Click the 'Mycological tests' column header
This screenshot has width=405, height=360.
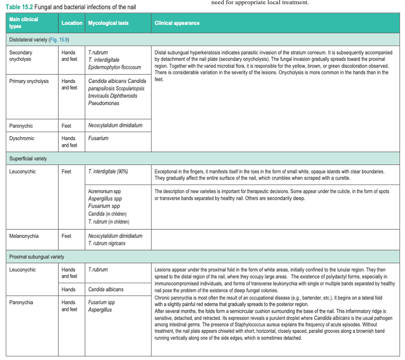108,23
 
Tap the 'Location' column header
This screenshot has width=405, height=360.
72,23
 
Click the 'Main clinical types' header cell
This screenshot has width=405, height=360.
23,22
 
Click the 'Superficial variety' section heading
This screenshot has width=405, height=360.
28,158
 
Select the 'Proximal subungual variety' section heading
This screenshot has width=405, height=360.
37,257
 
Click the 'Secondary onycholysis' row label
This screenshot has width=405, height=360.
21,56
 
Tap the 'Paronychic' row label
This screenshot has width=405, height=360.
21,126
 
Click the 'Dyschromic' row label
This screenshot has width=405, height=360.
22,138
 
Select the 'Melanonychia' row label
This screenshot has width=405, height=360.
24,236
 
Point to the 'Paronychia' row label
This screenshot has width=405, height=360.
21,302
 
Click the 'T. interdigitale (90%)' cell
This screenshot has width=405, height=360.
108,172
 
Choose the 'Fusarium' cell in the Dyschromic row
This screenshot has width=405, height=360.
98,138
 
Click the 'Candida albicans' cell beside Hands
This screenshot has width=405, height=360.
106,289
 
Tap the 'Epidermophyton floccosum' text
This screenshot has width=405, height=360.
114,67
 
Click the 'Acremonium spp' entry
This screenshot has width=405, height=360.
105,191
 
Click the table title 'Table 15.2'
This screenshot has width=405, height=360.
19,7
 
